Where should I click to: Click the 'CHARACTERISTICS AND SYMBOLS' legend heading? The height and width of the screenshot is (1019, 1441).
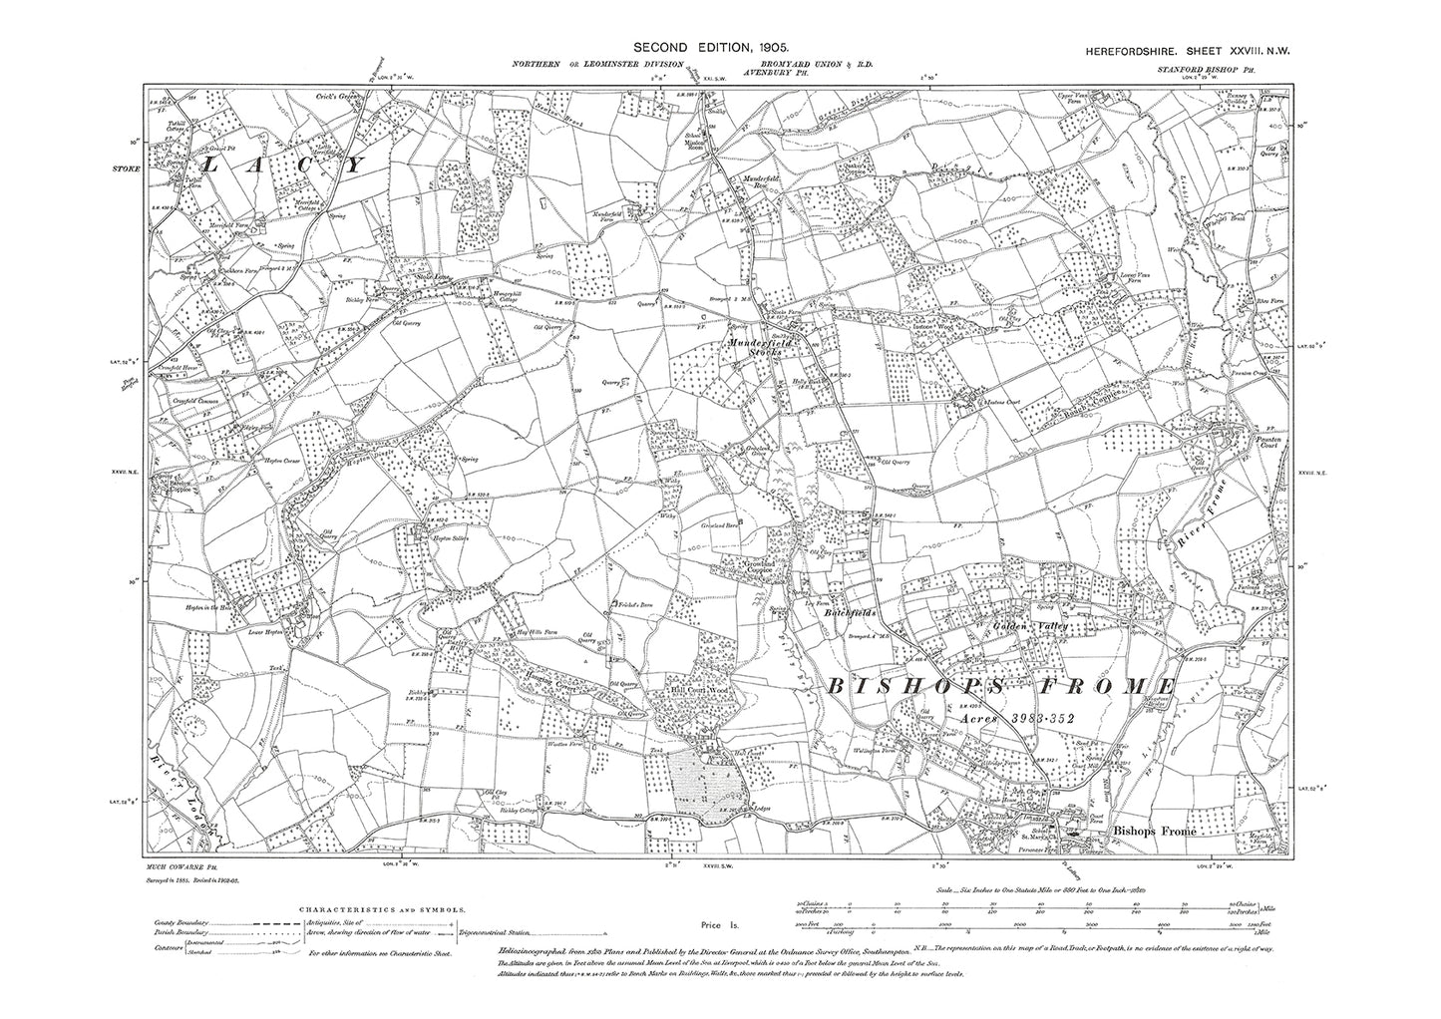(388, 910)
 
